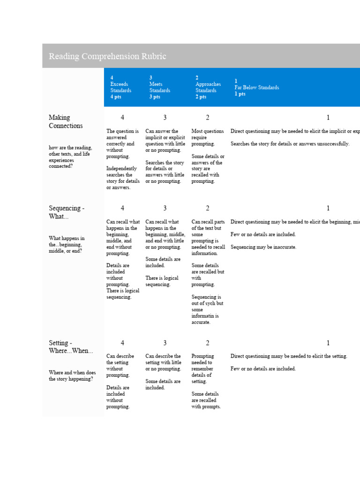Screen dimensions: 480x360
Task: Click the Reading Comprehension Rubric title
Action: pyautogui.click(x=107, y=56)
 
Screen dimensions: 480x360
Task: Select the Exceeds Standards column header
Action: pyautogui.click(x=120, y=87)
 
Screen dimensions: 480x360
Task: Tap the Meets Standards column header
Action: pyautogui.click(x=160, y=87)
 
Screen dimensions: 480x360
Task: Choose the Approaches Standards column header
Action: pyautogui.click(x=208, y=87)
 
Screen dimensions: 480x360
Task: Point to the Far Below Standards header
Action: pyautogui.click(x=257, y=88)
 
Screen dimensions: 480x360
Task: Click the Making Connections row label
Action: pyautogui.click(x=66, y=121)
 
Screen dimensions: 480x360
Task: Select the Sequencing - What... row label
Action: pyautogui.click(x=67, y=212)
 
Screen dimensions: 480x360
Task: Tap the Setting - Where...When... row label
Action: pyautogui.click(x=71, y=347)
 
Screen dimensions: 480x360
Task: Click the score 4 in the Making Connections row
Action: pyautogui.click(x=122, y=118)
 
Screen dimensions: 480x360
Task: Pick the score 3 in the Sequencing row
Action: pyautogui.click(x=165, y=208)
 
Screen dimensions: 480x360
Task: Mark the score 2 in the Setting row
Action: pyautogui.click(x=208, y=343)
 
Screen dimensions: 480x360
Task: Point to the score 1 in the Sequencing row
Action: pyautogui.click(x=328, y=208)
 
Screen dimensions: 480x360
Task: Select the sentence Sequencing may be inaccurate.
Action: pyautogui.click(x=263, y=247)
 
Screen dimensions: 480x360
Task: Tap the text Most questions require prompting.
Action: pyautogui.click(x=208, y=138)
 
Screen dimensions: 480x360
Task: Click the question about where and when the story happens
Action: pyautogui.click(x=72, y=376)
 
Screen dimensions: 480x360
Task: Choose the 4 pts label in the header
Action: pyautogui.click(x=115, y=97)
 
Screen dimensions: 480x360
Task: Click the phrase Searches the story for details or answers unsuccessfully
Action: pyautogui.click(x=290, y=144)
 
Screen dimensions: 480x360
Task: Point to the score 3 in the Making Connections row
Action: pyautogui.click(x=165, y=118)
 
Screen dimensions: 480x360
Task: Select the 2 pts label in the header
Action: pyautogui.click(x=201, y=97)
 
